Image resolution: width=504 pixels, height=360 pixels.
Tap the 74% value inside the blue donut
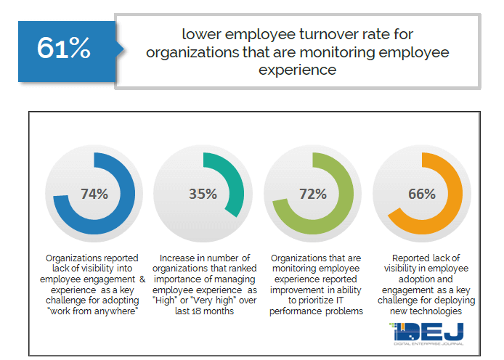[94, 194]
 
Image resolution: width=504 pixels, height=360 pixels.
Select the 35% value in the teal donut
[203, 194]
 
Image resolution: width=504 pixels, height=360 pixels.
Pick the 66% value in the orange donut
[421, 194]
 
